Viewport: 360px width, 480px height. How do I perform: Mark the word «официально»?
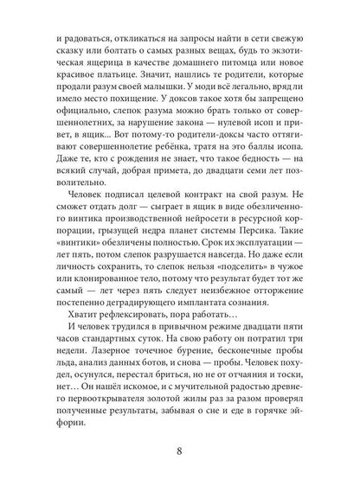pyautogui.click(x=73, y=149)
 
